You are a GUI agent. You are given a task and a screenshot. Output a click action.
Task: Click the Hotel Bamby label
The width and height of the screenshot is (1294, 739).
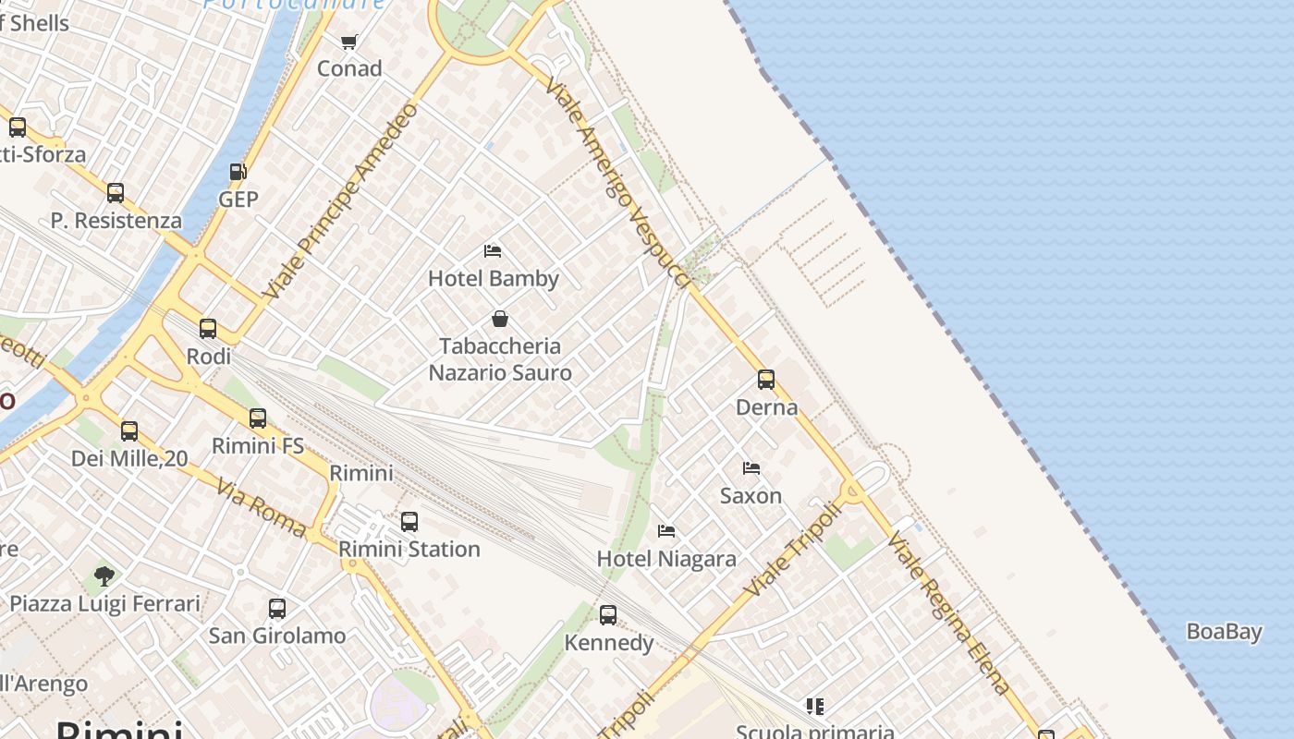coord(494,278)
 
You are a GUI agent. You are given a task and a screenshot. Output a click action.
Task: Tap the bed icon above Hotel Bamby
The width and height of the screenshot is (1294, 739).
coord(493,250)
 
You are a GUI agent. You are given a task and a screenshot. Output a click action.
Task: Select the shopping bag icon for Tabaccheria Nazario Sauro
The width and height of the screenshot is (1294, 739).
coord(500,319)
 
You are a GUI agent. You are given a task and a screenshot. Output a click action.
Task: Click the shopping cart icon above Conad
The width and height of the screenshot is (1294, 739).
coord(349,42)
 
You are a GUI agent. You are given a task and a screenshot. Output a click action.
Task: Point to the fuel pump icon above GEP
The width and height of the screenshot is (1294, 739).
coord(238,172)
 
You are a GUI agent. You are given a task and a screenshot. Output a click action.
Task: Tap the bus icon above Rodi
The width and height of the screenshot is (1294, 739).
coord(208,328)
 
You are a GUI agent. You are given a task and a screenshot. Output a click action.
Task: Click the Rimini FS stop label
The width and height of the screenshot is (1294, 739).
coord(258,445)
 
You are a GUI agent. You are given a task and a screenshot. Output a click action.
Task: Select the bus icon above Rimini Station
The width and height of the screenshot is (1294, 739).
coord(409,522)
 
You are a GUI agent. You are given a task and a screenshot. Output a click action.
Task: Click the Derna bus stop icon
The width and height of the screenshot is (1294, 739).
coord(766,379)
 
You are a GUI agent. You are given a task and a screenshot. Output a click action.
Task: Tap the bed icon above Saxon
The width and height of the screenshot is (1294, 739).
coord(751,468)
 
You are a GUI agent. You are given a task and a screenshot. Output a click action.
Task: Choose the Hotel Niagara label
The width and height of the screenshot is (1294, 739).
coord(666,559)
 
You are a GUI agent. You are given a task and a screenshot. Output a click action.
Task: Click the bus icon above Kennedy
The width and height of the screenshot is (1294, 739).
coord(608,614)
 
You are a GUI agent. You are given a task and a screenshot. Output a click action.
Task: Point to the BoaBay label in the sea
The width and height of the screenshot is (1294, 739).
coord(1225,632)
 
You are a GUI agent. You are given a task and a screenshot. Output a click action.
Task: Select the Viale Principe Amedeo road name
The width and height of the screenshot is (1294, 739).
coord(341,200)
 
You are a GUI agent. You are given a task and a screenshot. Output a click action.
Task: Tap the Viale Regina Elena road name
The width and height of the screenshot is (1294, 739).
coord(947,612)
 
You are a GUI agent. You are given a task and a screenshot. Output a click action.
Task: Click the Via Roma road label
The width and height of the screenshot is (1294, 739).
coord(262,508)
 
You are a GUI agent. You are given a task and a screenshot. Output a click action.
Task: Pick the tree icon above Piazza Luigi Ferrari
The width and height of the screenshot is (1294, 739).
coord(104,576)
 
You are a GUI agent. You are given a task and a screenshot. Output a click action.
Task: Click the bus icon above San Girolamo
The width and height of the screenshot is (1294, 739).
coord(277,608)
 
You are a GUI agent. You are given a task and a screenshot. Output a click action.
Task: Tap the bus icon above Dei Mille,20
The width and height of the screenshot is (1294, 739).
coord(129,430)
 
